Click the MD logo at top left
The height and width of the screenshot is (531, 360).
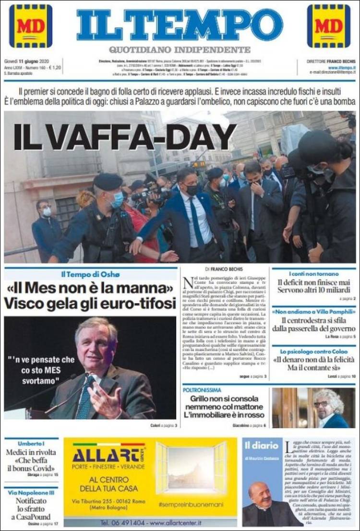[30, 26]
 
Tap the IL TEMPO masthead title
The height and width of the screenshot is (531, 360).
[180, 24]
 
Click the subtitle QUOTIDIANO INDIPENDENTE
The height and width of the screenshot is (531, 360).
[180, 49]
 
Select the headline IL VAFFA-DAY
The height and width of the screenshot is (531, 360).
[125, 137]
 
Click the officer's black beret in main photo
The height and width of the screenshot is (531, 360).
[108, 181]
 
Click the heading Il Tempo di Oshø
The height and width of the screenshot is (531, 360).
[90, 274]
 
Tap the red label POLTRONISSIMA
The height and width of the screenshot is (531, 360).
[202, 390]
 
